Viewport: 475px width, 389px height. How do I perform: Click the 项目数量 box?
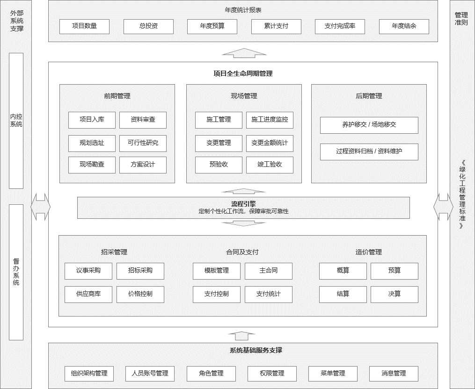85,27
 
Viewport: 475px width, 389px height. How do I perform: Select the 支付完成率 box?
340,27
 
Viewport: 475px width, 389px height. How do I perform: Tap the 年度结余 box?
404,27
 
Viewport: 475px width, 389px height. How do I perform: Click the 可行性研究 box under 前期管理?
143,144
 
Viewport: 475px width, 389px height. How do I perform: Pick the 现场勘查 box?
92,165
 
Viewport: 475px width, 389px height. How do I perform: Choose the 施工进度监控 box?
270,120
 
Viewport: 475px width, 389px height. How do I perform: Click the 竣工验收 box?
270,165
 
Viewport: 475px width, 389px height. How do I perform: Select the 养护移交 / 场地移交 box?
369,125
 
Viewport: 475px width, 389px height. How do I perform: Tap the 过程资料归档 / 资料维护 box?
369,152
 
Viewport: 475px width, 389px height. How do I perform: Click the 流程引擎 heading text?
243,204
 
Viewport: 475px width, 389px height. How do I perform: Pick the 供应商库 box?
88,295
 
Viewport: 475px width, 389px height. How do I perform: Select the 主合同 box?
269,271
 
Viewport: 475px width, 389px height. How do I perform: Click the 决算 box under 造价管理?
395,295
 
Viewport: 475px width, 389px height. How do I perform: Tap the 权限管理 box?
272,374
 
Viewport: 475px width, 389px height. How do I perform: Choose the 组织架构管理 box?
89,374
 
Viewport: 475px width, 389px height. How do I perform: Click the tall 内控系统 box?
16,121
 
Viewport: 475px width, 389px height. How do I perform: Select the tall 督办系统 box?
16,272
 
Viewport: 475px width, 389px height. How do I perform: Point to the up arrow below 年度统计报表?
244,53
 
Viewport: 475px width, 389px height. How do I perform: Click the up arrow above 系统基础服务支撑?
241,336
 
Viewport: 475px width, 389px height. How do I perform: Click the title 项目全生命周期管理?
243,73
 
